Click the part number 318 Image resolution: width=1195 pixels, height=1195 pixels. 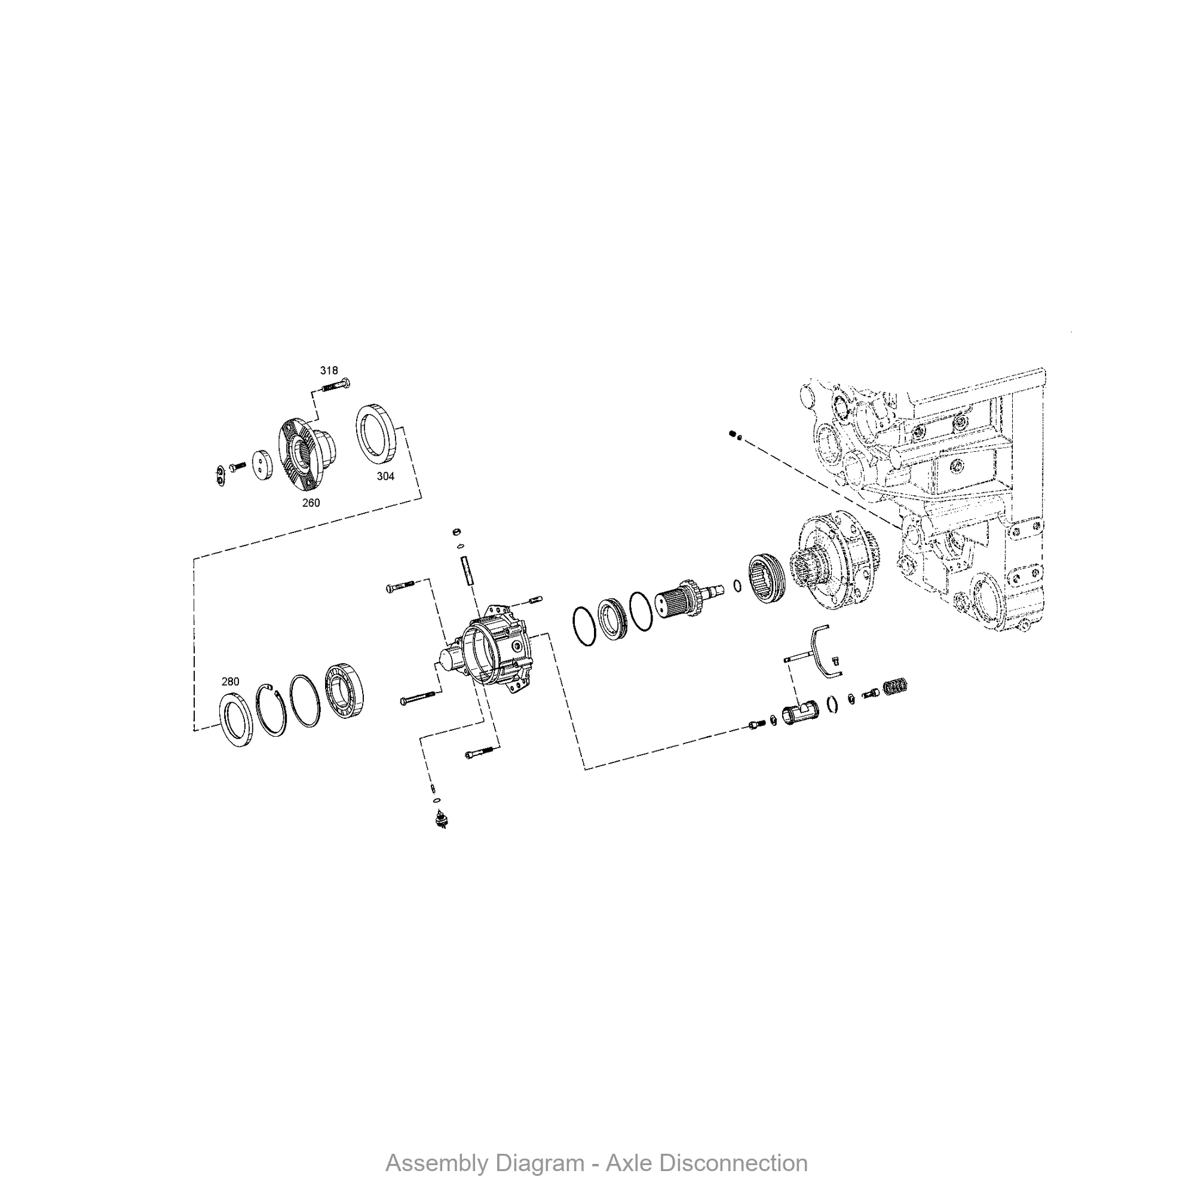click(329, 370)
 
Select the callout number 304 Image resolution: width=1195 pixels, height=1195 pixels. click(385, 476)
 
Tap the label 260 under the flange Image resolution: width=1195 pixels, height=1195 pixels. click(311, 503)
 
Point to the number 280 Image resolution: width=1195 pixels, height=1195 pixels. click(230, 682)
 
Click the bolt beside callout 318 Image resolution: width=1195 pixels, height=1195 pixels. click(336, 386)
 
